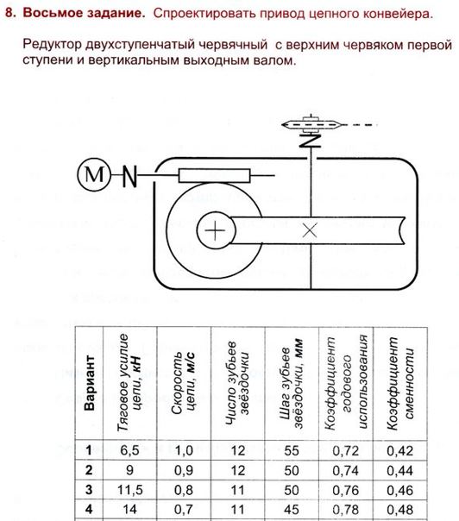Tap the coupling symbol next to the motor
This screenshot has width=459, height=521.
[129, 176]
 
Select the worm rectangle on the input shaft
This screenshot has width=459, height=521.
[214, 176]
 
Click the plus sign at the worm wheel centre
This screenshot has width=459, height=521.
[215, 230]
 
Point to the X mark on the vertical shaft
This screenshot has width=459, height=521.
[310, 230]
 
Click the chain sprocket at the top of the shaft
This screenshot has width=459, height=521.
[311, 124]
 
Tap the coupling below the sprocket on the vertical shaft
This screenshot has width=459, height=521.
[311, 141]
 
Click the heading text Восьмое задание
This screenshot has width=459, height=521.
[85, 13]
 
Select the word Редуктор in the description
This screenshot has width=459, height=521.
[52, 44]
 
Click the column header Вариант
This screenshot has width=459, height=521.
[89, 383]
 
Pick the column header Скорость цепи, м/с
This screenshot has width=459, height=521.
[184, 383]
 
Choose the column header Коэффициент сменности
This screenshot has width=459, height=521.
[400, 384]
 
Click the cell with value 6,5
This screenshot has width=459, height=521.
[129, 450]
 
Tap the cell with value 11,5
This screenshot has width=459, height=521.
[129, 490]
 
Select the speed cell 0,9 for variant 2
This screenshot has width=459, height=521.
[184, 470]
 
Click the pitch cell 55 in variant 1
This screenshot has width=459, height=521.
[292, 450]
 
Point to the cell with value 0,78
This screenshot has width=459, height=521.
[346, 510]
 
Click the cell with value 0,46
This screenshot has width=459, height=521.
[399, 490]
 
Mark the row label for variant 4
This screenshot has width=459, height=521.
[89, 509]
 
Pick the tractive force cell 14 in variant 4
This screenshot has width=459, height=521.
[129, 509]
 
